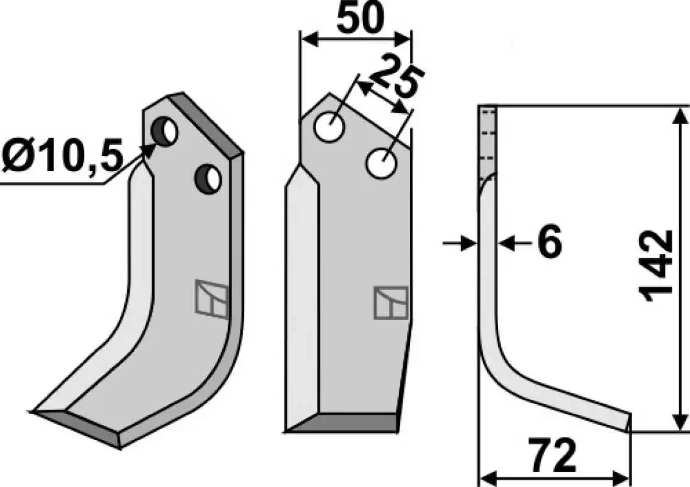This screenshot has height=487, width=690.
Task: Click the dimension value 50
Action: [x=361, y=18]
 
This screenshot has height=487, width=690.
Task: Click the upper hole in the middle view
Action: [x=329, y=127]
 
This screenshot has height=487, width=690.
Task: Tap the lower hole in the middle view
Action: [x=381, y=164]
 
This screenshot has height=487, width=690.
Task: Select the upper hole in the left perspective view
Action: [x=164, y=131]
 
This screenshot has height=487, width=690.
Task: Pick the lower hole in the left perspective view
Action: [x=208, y=178]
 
